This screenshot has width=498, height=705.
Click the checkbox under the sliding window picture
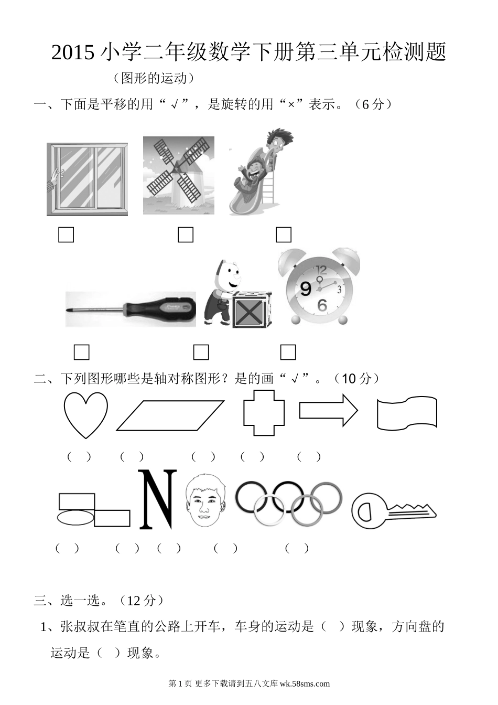tap(66, 235)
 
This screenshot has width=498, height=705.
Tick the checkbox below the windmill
tap(186, 235)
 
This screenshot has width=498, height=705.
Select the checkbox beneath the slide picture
tap(284, 235)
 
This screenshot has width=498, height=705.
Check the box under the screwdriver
tap(81, 352)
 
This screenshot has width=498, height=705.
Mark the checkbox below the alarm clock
tap(288, 352)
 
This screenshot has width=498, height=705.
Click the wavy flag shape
tap(378, 413)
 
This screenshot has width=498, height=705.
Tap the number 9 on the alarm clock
tap(306, 289)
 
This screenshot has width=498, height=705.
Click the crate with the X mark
tap(252, 310)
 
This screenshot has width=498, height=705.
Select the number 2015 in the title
tap(73, 52)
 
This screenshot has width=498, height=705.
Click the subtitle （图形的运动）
tap(154, 78)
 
